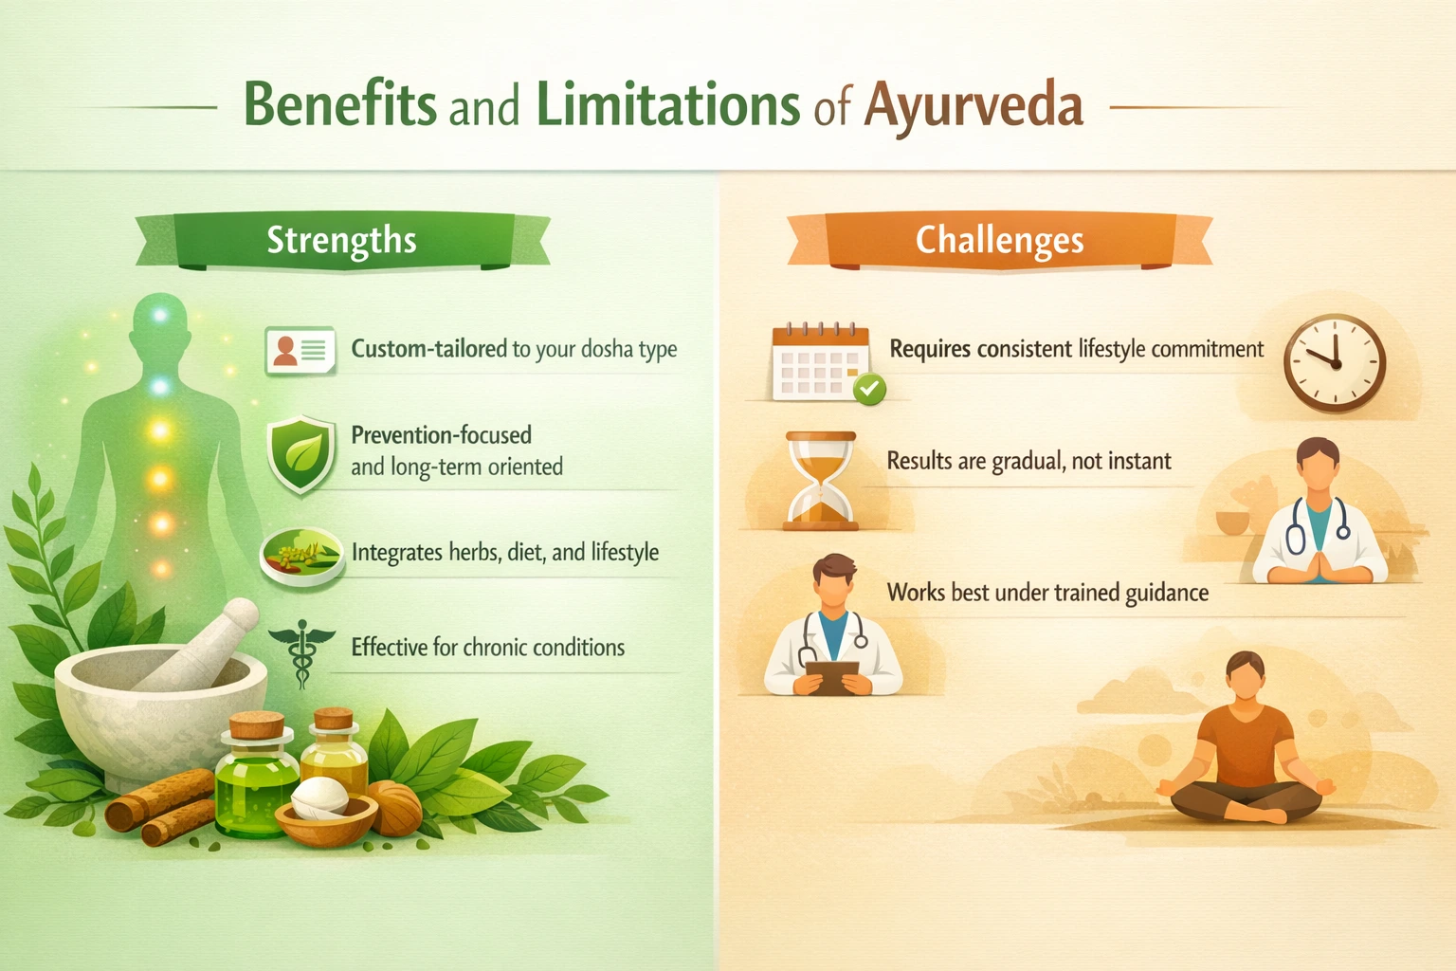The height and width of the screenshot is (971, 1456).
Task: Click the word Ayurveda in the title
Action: point(973,104)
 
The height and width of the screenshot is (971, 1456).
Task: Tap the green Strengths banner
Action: point(341,241)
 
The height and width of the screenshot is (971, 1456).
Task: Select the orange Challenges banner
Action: point(999,241)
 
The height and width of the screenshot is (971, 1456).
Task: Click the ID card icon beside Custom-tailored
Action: point(300,351)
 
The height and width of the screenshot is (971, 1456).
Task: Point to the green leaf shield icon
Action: point(301,453)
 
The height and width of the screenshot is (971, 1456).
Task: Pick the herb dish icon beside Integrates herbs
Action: point(301,554)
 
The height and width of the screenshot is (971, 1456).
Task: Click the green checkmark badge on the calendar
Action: point(869,388)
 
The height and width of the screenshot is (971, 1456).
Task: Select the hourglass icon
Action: point(821,480)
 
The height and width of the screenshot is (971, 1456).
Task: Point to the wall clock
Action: point(1335,362)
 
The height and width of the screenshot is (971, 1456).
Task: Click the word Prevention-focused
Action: point(441,435)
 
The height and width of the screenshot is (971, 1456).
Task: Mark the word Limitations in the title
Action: point(668,104)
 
